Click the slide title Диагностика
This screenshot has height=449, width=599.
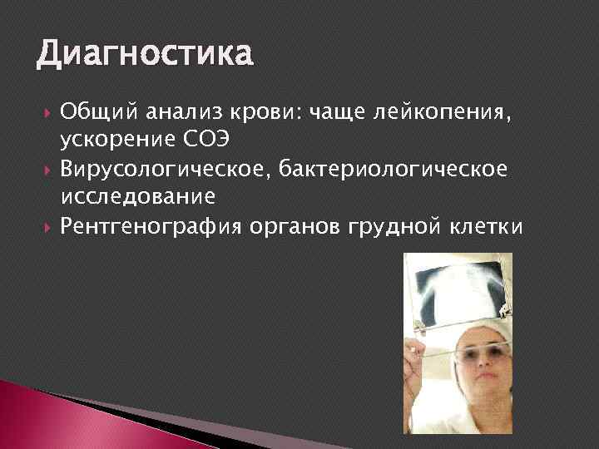(143, 54)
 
